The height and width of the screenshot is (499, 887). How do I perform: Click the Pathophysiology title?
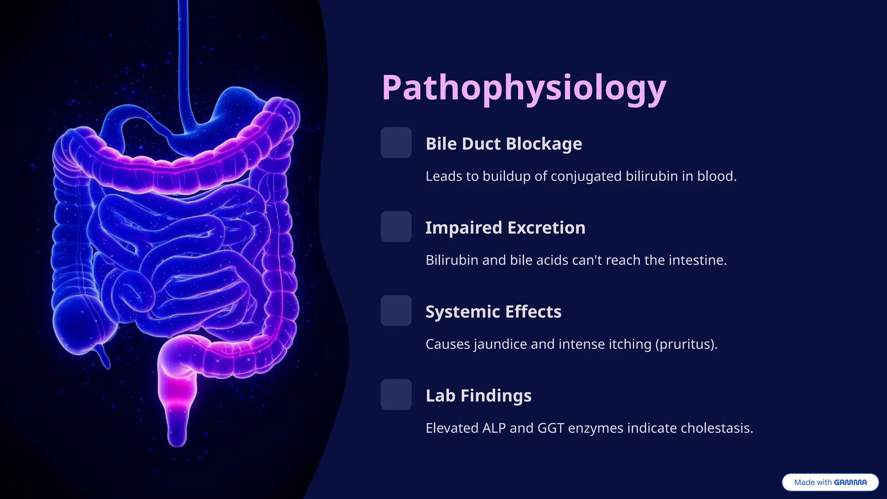[x=524, y=88]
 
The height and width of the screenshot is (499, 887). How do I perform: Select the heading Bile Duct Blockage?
[x=504, y=144]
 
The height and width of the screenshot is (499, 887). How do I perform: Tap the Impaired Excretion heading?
[x=505, y=228]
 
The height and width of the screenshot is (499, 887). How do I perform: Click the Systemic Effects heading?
[x=493, y=312]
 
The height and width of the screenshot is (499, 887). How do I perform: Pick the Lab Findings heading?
[x=478, y=396]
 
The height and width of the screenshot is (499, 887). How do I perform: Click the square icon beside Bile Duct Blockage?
[x=396, y=143]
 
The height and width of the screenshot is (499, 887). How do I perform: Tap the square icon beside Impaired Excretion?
[x=396, y=227]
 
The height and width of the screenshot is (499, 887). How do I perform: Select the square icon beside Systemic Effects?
[x=396, y=311]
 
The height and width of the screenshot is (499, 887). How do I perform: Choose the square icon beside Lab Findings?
[x=396, y=395]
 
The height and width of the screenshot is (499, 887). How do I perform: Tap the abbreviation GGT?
[x=550, y=428]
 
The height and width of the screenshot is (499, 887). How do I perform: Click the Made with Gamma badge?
[x=830, y=482]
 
